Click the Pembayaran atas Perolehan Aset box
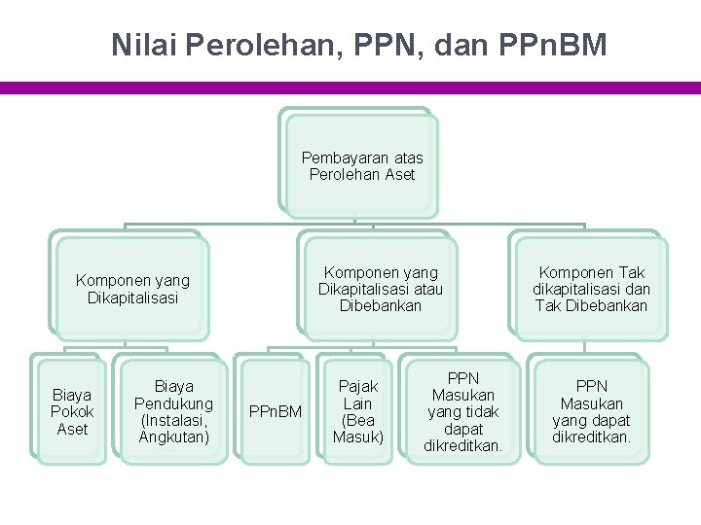click(362, 166)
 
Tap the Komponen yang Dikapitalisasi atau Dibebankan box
click(380, 289)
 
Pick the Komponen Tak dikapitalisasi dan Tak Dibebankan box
click(591, 289)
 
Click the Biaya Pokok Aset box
click(72, 412)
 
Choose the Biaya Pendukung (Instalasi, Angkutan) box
click(173, 412)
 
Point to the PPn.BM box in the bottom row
click(277, 412)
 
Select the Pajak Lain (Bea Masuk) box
click(358, 412)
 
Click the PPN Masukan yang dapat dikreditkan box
click(591, 412)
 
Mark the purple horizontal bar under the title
click(350, 87)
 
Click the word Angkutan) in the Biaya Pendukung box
click(174, 437)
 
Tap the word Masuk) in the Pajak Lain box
click(358, 437)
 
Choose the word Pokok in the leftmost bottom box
click(72, 412)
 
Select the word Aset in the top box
click(399, 175)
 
